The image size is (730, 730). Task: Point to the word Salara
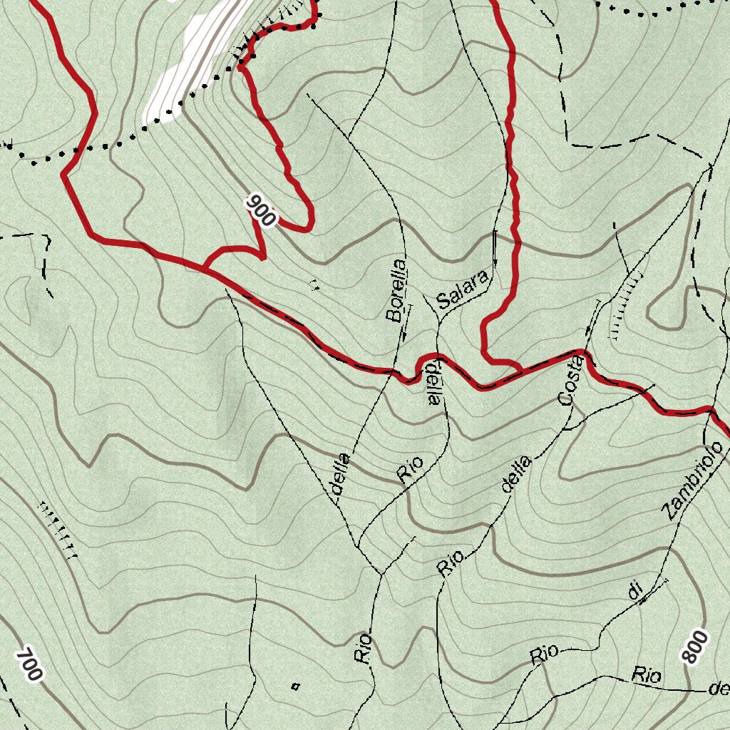(464, 289)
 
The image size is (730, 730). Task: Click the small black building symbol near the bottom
(295, 687)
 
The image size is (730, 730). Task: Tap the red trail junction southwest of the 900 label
(205, 269)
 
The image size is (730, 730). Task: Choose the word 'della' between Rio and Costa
(516, 475)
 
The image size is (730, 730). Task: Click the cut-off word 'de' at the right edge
(718, 689)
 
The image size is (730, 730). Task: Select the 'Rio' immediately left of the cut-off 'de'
(647, 675)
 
